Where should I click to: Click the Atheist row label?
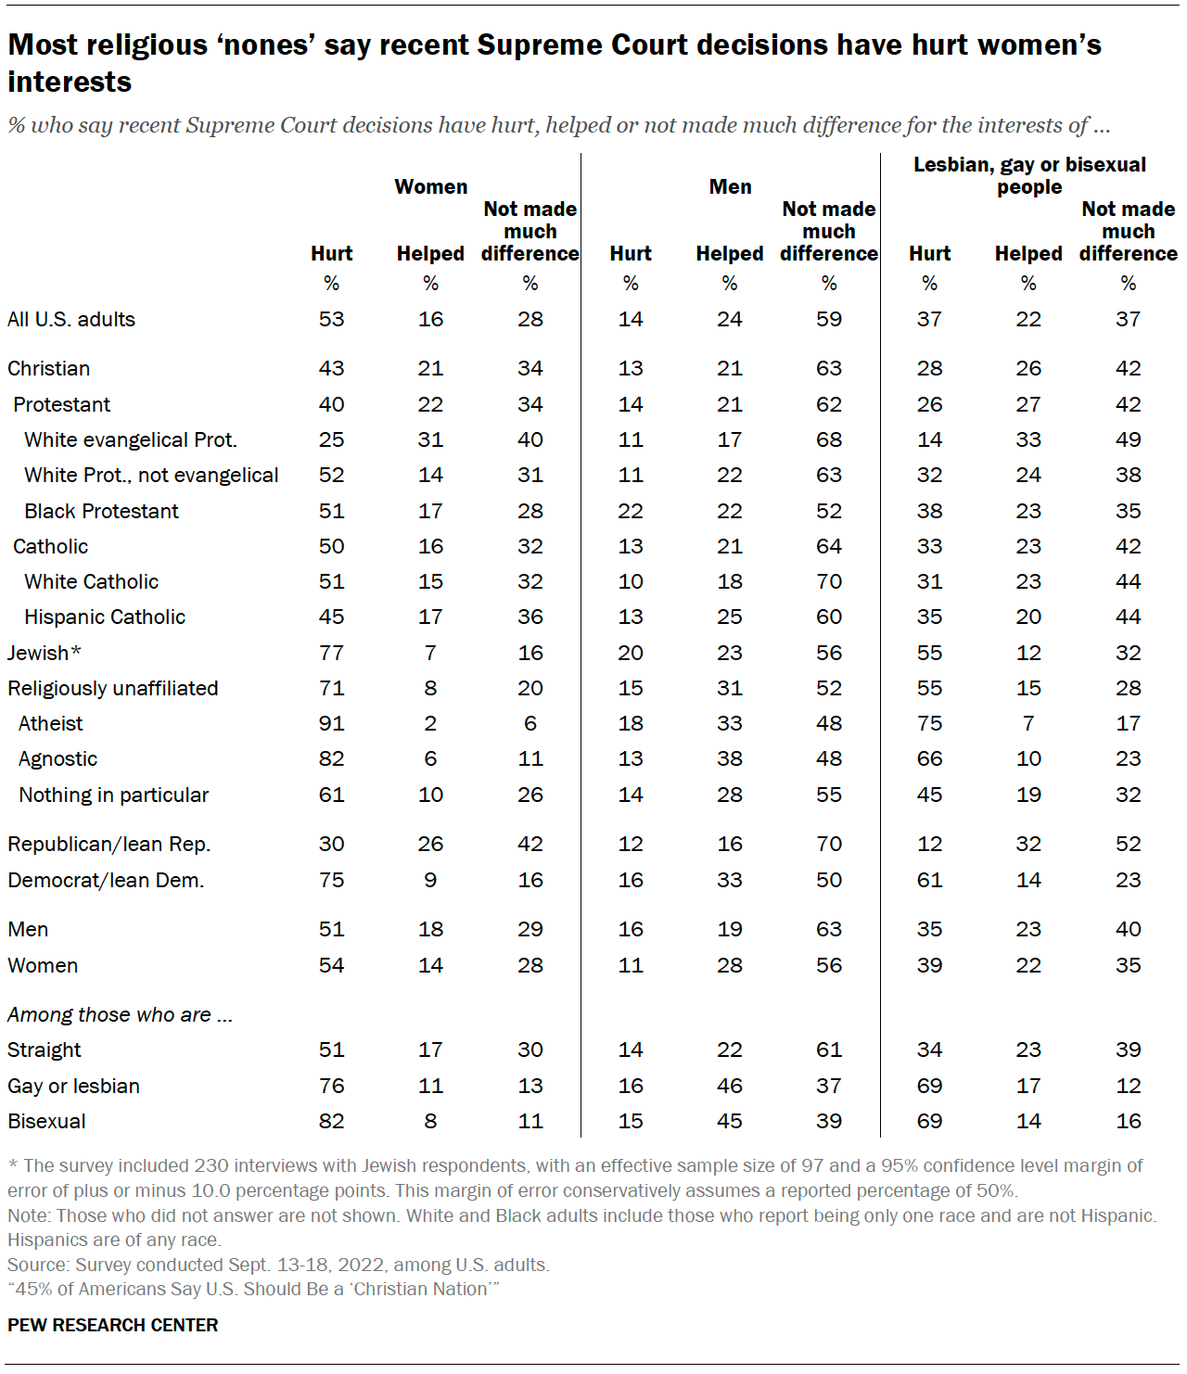(x=51, y=724)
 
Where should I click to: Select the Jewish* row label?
(x=45, y=654)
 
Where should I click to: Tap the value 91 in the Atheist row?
(x=331, y=724)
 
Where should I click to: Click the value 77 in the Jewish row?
(x=331, y=654)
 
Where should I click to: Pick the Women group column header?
(x=431, y=187)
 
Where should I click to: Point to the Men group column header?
(x=730, y=187)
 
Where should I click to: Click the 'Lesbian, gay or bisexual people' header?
(x=1029, y=176)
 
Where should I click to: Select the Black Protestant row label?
(x=101, y=512)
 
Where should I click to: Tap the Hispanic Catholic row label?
(x=105, y=617)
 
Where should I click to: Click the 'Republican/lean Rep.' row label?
(x=109, y=845)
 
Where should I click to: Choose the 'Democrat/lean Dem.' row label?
(x=106, y=881)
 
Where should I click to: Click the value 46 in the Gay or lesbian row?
(x=730, y=1087)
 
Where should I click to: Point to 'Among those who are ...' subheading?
(x=120, y=1015)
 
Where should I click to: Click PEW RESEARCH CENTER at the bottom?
(x=113, y=1326)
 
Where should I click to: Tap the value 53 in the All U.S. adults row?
(x=331, y=320)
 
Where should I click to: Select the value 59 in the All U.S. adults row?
(x=829, y=320)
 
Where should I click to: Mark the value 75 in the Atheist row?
(x=929, y=724)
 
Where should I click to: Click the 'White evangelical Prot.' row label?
(x=131, y=440)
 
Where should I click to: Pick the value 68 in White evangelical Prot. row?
(x=829, y=440)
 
